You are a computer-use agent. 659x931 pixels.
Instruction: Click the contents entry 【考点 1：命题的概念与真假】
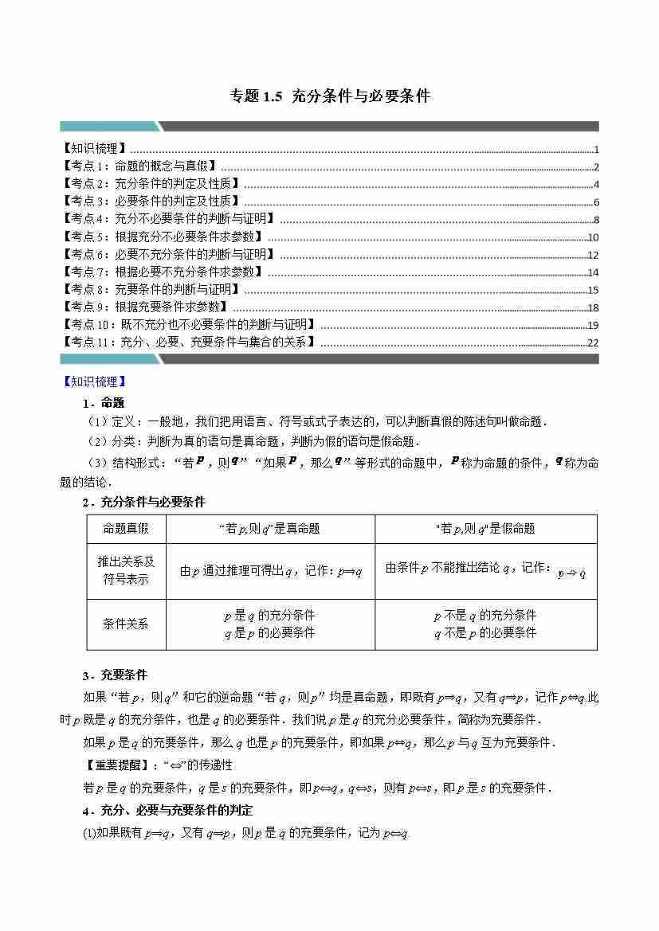coord(139,166)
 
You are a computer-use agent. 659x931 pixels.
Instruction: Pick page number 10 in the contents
coord(592,237)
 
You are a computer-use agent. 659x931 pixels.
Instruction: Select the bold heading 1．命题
coord(103,403)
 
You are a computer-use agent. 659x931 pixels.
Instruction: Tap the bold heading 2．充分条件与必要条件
coord(143,502)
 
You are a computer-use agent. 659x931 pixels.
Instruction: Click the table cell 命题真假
coord(126,529)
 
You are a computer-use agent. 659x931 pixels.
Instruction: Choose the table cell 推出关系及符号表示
coord(126,570)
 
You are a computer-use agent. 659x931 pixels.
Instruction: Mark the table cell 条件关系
coord(126,624)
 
